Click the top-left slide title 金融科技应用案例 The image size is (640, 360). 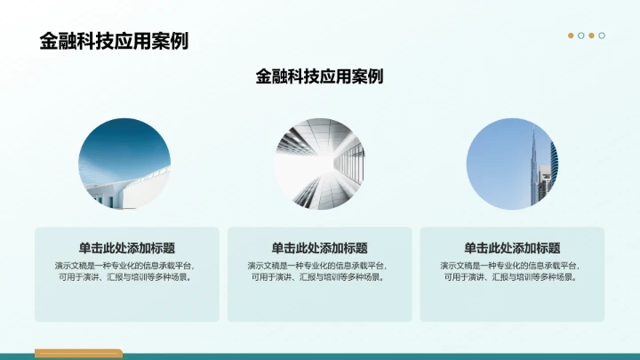[x=114, y=41]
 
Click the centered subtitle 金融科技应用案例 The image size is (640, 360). [x=319, y=76]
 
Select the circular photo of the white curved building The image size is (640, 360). [x=125, y=164]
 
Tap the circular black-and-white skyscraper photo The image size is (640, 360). [x=319, y=164]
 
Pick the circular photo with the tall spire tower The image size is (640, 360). [x=512, y=164]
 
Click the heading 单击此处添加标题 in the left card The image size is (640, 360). [x=126, y=248]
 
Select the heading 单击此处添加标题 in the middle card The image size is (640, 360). [x=319, y=248]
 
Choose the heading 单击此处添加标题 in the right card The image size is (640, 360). [x=512, y=248]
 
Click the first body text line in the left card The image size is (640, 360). [x=126, y=265]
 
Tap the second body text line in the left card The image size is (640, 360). [x=126, y=277]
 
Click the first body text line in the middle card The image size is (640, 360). [x=319, y=265]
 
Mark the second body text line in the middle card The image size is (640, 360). [x=319, y=277]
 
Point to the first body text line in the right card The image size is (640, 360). [x=512, y=265]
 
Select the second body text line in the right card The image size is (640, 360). [x=512, y=277]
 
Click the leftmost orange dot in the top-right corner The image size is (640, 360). [x=571, y=36]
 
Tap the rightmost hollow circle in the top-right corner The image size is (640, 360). [x=602, y=36]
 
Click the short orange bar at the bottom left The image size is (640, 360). [x=78, y=354]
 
